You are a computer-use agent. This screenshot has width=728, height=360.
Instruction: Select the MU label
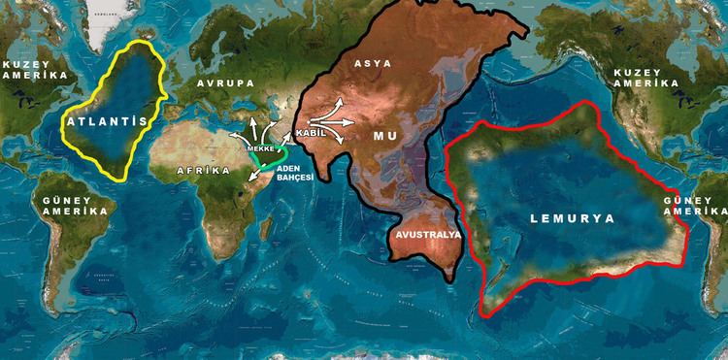[x=385, y=137]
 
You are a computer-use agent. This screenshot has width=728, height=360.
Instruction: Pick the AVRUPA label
[x=227, y=83]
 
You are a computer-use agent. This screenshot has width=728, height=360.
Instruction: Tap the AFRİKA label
[x=203, y=171]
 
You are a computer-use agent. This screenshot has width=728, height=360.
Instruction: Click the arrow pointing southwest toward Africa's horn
[x=254, y=175]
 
